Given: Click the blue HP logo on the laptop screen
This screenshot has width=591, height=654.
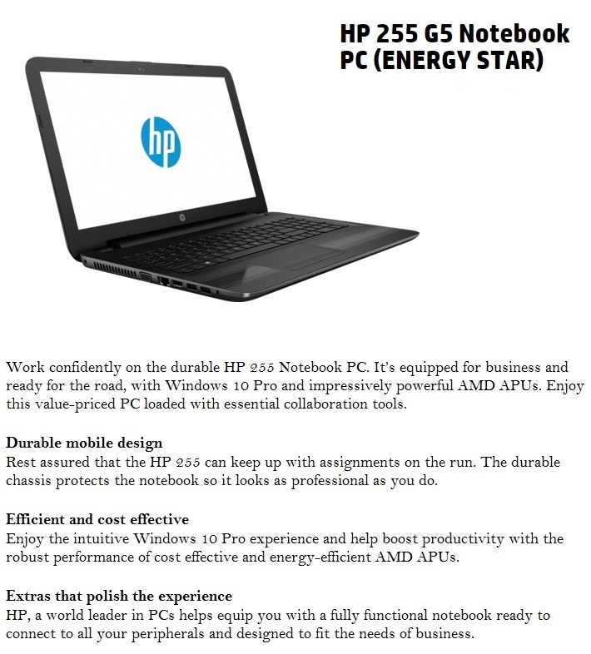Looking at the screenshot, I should click(160, 141).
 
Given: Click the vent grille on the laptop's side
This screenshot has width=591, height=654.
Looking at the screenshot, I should click(108, 269).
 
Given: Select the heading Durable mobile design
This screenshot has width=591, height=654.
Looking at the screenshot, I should click(84, 443).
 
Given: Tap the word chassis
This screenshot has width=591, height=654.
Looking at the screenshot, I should click(32, 482).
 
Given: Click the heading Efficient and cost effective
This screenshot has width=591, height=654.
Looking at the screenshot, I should click(97, 519).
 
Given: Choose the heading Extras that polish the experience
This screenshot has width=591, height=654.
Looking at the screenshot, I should click(119, 596).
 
